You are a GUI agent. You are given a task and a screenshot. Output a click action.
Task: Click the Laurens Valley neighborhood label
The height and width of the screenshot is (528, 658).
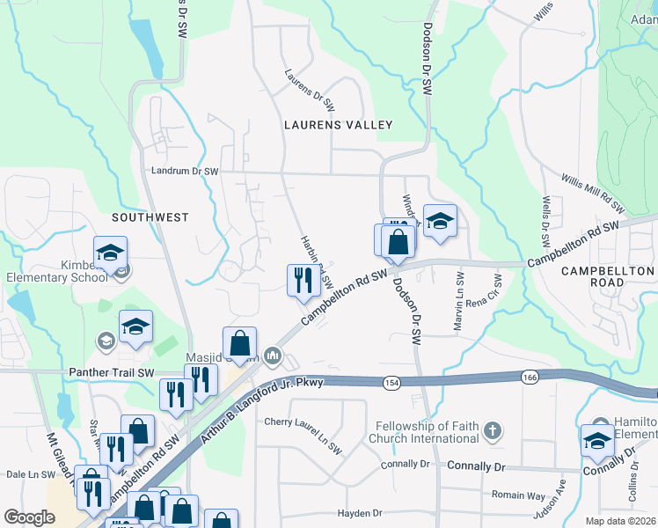click(338, 125)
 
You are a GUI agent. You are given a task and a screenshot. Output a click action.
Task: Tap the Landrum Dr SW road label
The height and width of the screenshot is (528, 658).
click(184, 171)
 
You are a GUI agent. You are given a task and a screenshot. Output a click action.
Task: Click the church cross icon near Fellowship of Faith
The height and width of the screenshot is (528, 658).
click(493, 431)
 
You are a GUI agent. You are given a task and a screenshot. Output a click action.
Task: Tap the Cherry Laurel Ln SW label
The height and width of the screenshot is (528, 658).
click(303, 422)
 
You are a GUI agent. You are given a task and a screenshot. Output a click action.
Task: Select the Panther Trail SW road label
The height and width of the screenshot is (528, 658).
click(113, 372)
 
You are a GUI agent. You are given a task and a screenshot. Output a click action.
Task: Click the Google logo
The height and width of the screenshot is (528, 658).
click(29, 517)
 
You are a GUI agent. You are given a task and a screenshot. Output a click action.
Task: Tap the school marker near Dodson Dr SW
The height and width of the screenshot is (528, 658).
click(440, 222)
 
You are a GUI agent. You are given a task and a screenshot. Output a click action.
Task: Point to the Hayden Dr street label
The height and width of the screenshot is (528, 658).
click(361, 512)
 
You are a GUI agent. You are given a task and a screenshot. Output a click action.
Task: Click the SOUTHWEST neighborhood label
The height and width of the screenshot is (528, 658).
click(150, 216)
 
